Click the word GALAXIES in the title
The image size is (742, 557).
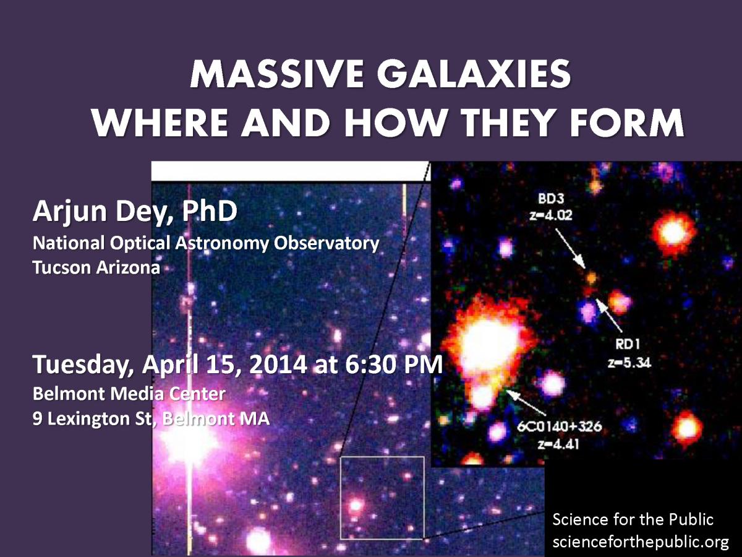point(474,74)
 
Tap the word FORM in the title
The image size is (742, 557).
point(627,123)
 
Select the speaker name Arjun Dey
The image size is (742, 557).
point(103,212)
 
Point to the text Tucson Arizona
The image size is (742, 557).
point(96,268)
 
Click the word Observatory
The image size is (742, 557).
point(326,243)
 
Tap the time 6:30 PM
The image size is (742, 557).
point(394,365)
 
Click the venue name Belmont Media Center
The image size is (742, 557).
point(129,394)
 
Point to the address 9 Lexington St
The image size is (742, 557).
point(92,420)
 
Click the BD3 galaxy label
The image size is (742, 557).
point(551,199)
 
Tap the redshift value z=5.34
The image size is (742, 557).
point(629,363)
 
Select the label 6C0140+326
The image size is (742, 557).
point(560,426)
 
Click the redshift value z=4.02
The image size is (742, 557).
point(551,215)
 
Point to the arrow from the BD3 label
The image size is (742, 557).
point(570,249)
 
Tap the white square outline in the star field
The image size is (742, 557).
point(341,498)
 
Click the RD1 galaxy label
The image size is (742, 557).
point(628,344)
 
